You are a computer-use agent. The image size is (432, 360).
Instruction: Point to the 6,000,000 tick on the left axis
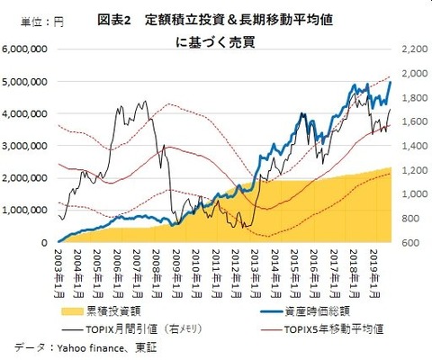click(x=28, y=49)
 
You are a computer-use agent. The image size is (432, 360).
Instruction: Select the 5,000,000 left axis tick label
click(x=28, y=81)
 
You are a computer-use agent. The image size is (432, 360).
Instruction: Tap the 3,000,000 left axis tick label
click(x=28, y=146)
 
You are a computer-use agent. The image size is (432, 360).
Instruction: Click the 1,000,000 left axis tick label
click(x=28, y=211)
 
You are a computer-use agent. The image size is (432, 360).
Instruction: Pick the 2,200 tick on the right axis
click(x=409, y=49)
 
